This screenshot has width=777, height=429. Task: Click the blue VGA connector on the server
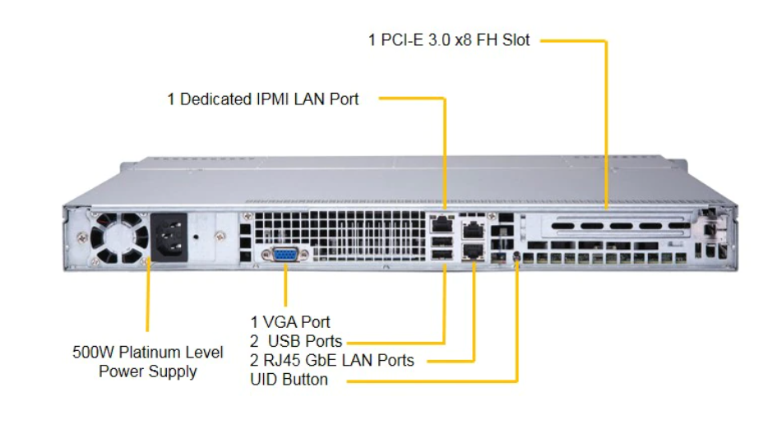(285, 255)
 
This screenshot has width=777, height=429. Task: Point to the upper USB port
(442, 241)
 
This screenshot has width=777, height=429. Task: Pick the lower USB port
(442, 256)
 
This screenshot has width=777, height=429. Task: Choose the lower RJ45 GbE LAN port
(474, 251)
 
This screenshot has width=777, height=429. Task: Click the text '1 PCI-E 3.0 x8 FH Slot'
(449, 39)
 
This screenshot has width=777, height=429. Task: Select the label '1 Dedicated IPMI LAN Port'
(263, 99)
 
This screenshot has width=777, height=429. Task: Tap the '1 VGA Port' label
(290, 321)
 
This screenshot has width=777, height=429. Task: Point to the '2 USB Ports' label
(296, 340)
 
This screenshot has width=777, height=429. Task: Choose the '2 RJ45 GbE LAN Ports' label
(332, 360)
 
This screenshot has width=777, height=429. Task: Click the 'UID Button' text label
(289, 380)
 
